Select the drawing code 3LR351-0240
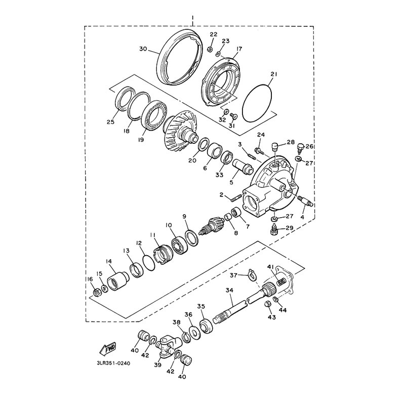[x=113, y=363]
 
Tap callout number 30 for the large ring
[x=143, y=49]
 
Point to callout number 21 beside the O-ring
[x=274, y=74]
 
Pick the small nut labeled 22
[x=211, y=48]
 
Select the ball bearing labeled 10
[x=180, y=244]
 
